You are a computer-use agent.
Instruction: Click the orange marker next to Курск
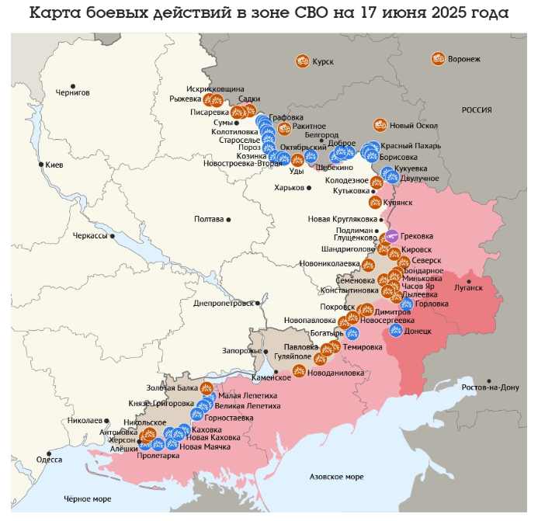pos(303,61)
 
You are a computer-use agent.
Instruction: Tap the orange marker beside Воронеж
pos(438,59)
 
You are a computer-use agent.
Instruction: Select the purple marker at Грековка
pos(392,236)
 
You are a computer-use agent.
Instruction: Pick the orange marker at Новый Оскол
pos(380,125)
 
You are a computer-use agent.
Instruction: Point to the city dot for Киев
pos(41,165)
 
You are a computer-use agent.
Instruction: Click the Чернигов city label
pos(73,92)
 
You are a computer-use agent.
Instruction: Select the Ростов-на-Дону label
pos(490,387)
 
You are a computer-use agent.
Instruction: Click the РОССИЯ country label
pos(477,110)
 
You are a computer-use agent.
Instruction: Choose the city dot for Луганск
pos(469,280)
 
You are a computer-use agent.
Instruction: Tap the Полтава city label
pos(209,219)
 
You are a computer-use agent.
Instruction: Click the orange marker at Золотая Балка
pos(207,388)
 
